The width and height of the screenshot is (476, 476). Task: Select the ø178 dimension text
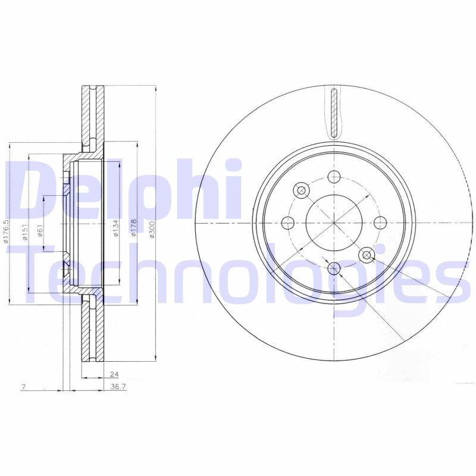pyautogui.click(x=134, y=229)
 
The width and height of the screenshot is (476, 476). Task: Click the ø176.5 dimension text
pyautogui.click(x=6, y=231)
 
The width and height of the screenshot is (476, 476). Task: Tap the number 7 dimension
pyautogui.click(x=23, y=387)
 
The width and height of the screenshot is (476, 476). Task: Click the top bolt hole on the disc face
pyautogui.click(x=334, y=177)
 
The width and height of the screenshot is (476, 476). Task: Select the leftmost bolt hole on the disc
pyautogui.click(x=289, y=223)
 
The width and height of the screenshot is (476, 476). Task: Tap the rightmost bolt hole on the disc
pyautogui.click(x=380, y=223)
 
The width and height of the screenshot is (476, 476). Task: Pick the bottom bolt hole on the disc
pyautogui.click(x=334, y=269)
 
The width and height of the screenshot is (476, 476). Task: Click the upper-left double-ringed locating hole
pyautogui.click(x=301, y=190)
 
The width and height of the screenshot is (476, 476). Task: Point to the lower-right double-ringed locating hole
pyautogui.click(x=367, y=256)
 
